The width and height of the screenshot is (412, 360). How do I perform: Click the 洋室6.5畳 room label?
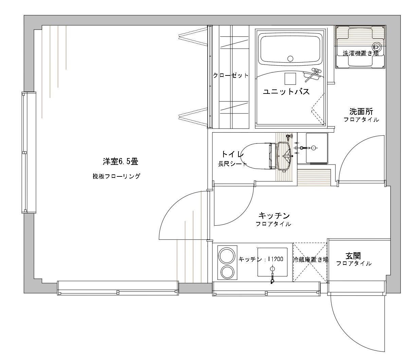pyautogui.click(x=121, y=161)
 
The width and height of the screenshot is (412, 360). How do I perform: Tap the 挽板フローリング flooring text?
pyautogui.click(x=116, y=176)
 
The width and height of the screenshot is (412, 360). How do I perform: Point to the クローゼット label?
pyautogui.click(x=231, y=75)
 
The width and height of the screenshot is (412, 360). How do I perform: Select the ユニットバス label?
pyautogui.click(x=286, y=92)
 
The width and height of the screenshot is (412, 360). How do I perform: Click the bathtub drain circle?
pyautogui.click(x=290, y=59)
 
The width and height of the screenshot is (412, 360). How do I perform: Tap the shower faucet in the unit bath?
pyautogui.click(x=312, y=75)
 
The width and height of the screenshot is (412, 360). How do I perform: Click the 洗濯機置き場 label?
pyautogui.click(x=360, y=53)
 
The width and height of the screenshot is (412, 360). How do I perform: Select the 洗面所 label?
pyautogui.click(x=361, y=111)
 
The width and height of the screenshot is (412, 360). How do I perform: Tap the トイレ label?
pyautogui.click(x=233, y=154)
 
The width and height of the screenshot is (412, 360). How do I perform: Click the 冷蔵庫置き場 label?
pyautogui.click(x=310, y=259)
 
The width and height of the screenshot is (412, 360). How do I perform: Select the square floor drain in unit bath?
pyautogui.click(x=290, y=79)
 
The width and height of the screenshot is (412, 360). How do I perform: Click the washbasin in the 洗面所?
pyautogui.click(x=317, y=148)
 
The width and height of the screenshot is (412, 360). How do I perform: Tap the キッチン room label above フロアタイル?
pyautogui.click(x=274, y=216)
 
